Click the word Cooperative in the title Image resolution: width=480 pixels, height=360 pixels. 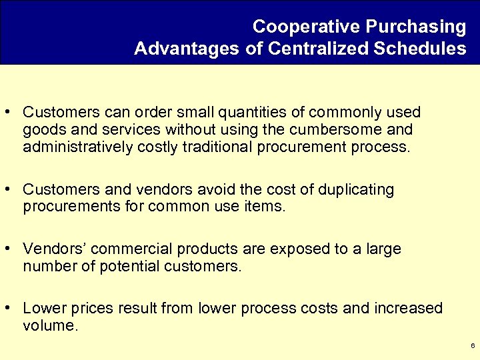306,27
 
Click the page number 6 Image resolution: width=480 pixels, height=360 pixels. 472,346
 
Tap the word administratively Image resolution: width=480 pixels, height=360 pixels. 77,147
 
